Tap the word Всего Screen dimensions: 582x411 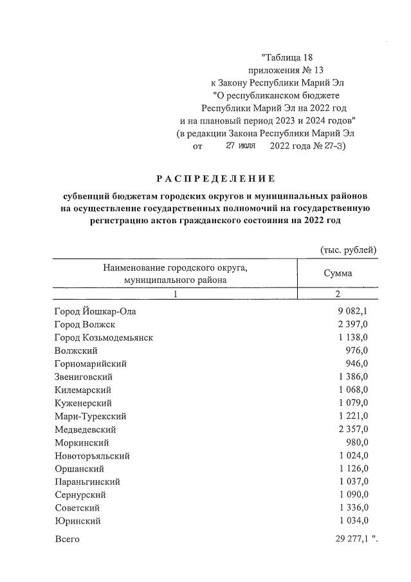67,539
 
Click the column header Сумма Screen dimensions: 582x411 338,273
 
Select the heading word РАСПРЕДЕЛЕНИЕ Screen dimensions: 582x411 215,178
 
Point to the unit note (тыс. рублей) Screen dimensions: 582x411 348,250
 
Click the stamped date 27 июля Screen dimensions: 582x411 241,146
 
